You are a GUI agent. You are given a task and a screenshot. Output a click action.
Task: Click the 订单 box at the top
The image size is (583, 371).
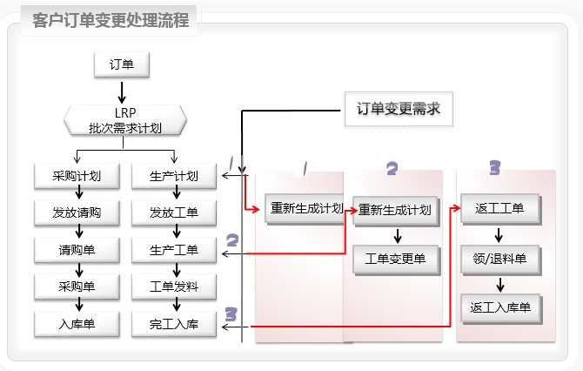coord(122,64)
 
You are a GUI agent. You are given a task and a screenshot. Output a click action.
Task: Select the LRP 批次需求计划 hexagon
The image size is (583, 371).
coord(125,120)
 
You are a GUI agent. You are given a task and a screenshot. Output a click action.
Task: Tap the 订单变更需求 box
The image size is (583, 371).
coord(399,109)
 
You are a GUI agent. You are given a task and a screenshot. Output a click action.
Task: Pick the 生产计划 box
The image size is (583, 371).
coord(174,176)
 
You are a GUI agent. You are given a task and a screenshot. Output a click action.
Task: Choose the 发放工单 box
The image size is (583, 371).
coord(174,212)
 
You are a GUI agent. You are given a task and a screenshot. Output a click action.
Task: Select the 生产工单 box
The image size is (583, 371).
coord(174,250)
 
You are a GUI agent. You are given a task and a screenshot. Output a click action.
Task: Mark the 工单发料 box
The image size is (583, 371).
coord(174,287)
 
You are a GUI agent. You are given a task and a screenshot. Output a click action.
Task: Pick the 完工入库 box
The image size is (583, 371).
coord(174,324)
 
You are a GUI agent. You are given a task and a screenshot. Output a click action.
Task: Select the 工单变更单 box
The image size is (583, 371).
coord(395,259)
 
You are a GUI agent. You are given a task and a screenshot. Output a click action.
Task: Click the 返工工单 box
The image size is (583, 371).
coord(499,209)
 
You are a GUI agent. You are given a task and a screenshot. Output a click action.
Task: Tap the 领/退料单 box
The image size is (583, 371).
coord(499,259)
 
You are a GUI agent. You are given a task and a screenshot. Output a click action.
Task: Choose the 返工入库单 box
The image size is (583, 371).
coord(499,307)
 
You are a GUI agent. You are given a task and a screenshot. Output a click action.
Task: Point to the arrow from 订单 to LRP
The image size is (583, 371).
coord(122,91)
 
